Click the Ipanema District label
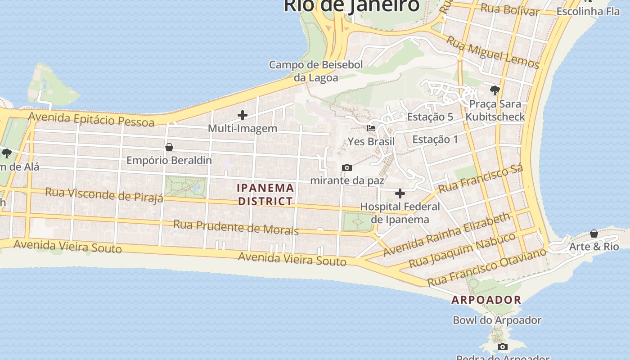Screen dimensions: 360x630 pyautogui.click(x=265, y=194)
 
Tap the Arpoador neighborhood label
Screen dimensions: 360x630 pyautogui.click(x=486, y=300)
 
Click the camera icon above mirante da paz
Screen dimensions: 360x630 pyautogui.click(x=347, y=168)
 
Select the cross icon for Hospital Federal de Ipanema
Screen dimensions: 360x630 pyautogui.click(x=400, y=194)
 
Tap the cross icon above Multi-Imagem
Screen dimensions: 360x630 pyautogui.click(x=243, y=116)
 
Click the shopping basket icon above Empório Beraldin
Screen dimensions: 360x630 pyautogui.click(x=169, y=147)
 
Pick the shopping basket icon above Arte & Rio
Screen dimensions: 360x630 pyautogui.click(x=594, y=234)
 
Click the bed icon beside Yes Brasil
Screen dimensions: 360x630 pyautogui.click(x=371, y=128)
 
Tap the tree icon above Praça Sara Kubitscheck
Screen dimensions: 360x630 pyautogui.click(x=495, y=90)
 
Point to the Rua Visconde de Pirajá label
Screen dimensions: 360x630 pyautogui.click(x=104, y=195)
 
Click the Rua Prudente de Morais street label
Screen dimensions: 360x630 pyautogui.click(x=236, y=227)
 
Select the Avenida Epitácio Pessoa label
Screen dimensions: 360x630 pyautogui.click(x=91, y=119)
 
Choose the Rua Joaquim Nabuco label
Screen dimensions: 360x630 pyautogui.click(x=462, y=250)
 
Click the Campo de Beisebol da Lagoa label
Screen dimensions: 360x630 pyautogui.click(x=316, y=71)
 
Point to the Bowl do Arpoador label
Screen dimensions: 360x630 pyautogui.click(x=497, y=320)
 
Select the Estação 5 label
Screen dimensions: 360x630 pyautogui.click(x=430, y=117)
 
